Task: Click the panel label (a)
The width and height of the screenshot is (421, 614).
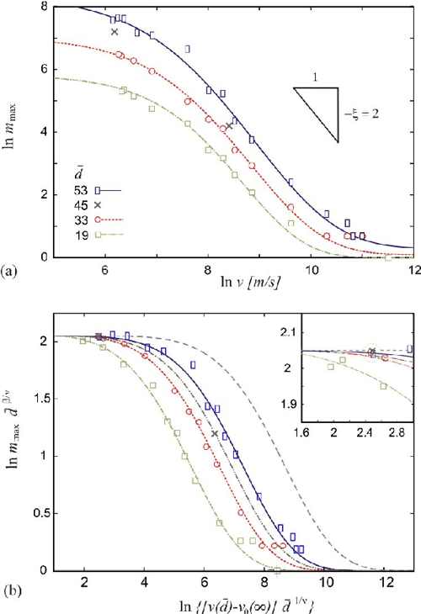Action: coord(11,271)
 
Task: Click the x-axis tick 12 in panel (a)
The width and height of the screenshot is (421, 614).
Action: coord(413,270)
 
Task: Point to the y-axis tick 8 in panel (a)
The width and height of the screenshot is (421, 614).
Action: coord(45,8)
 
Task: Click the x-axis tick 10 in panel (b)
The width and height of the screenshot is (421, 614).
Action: coord(324,582)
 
